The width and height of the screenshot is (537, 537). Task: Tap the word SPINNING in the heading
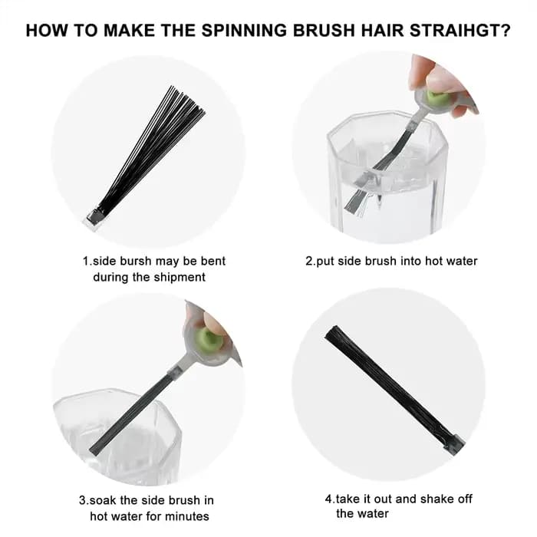coord(244,31)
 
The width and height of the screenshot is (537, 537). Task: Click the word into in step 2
coord(411,261)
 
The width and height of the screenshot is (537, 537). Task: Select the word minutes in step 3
coord(188,516)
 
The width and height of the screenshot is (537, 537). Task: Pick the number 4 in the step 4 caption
coord(328,499)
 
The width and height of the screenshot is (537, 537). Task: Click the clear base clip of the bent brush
coord(93,219)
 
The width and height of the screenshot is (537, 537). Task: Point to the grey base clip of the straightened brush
coord(454,444)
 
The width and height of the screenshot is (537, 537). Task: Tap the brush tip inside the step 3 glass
coord(97,448)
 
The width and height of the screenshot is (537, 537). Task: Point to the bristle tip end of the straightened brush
coord(331,333)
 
